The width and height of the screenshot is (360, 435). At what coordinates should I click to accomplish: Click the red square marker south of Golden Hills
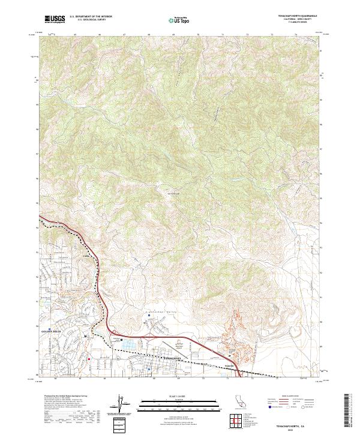(89, 360)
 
